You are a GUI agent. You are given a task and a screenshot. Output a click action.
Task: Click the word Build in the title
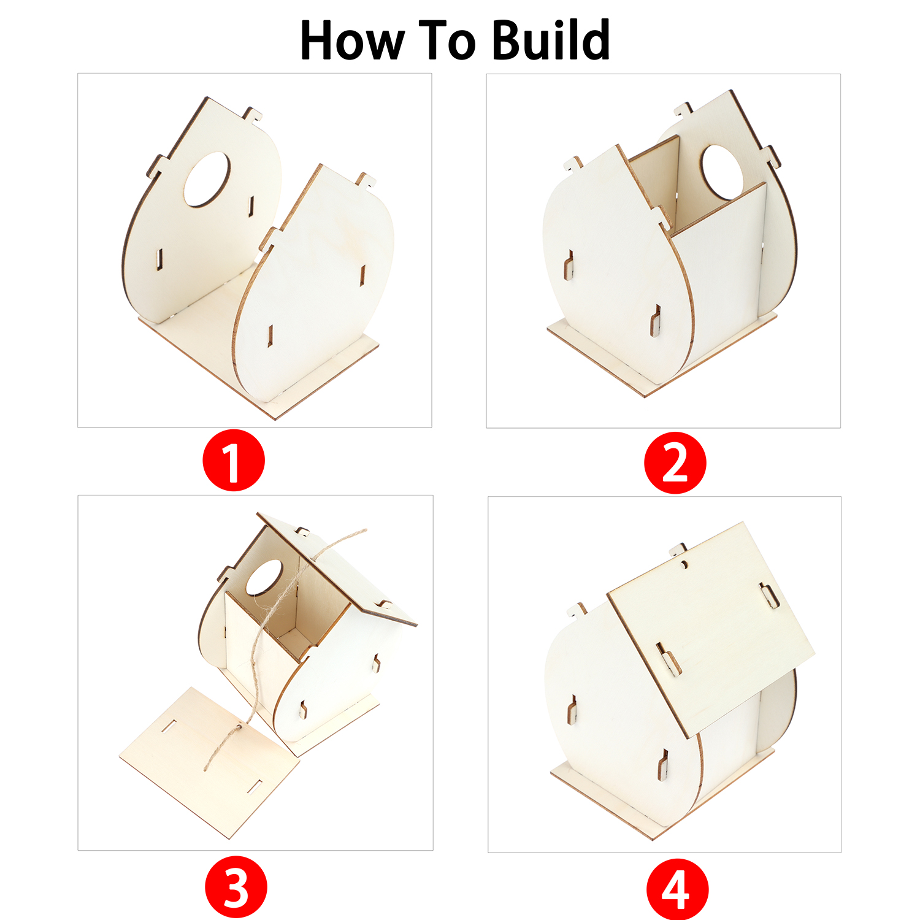click(x=550, y=40)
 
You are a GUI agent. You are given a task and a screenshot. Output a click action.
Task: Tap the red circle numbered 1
click(x=234, y=460)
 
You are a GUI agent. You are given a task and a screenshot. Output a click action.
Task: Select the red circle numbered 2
click(x=675, y=462)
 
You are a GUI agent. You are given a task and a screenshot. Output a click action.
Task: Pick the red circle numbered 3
click(x=236, y=887)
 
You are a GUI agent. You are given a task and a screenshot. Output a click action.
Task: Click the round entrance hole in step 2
click(x=722, y=172)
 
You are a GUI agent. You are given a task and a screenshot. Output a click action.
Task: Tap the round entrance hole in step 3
click(x=264, y=577)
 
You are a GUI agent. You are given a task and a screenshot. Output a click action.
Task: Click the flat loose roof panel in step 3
click(x=209, y=761)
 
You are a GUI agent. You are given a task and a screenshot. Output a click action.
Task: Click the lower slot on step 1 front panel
click(x=270, y=335)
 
